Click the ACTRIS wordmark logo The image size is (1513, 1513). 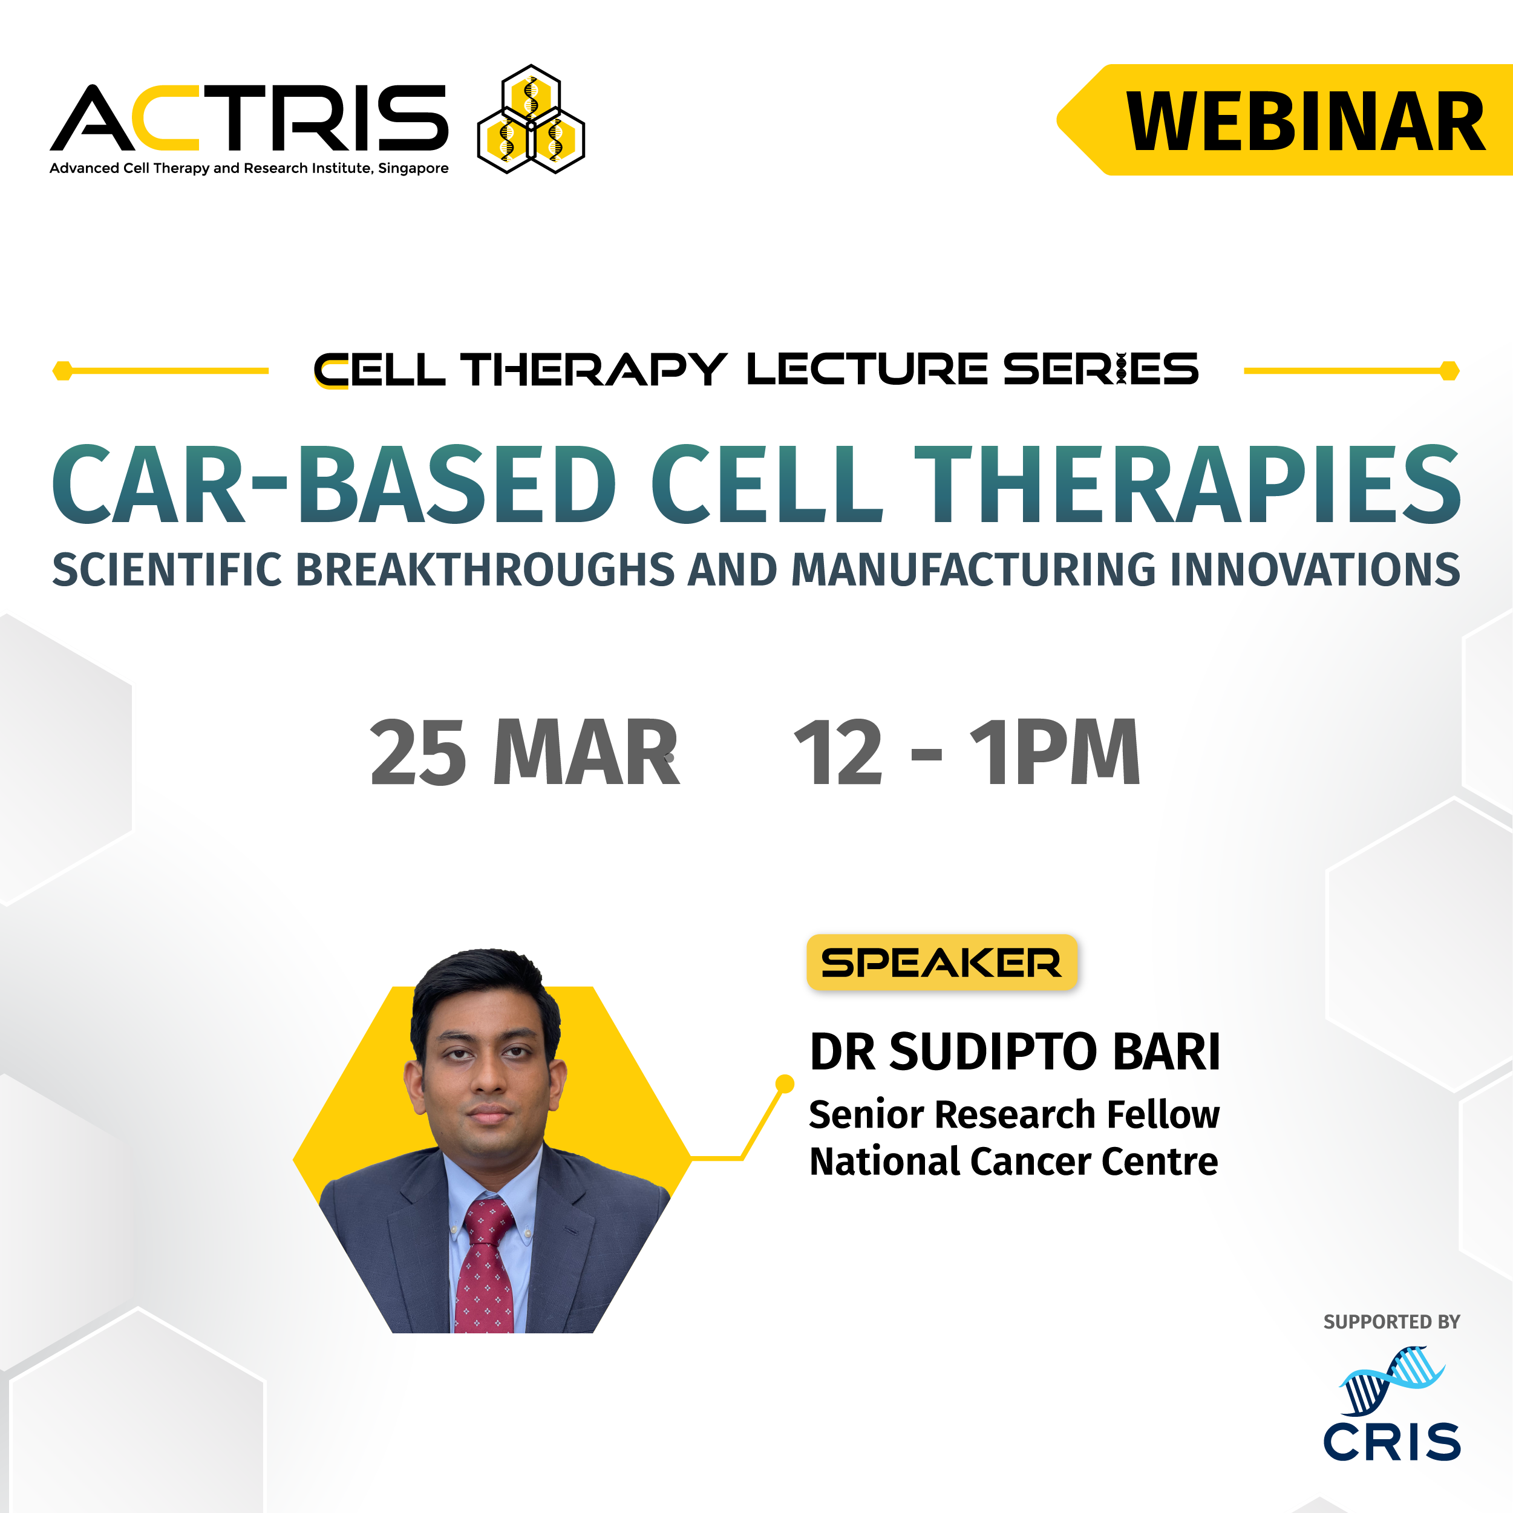[x=249, y=117]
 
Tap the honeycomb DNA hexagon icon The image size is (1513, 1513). [x=531, y=119]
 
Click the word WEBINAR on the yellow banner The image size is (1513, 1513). [x=1305, y=122]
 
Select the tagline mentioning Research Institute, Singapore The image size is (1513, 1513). [x=249, y=168]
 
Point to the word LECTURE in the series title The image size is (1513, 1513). [x=867, y=369]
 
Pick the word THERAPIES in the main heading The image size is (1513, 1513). [x=1187, y=484]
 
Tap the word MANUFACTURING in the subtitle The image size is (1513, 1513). [x=973, y=569]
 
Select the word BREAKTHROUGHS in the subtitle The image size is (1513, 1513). [x=484, y=569]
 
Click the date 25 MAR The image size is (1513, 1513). [x=524, y=753]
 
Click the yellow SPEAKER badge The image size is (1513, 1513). [x=942, y=962]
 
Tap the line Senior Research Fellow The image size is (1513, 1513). [x=1014, y=1114]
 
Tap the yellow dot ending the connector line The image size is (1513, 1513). [x=784, y=1084]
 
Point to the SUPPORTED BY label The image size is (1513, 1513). [x=1391, y=1322]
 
